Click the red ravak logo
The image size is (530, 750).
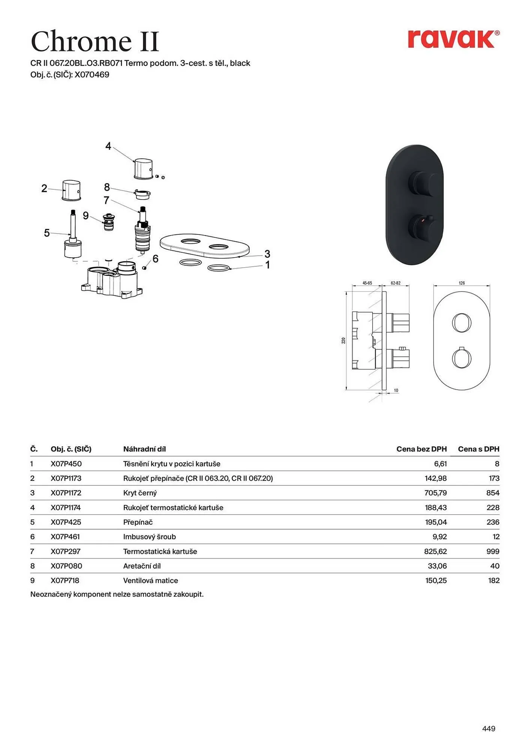(x=453, y=39)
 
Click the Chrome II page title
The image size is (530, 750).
(x=95, y=41)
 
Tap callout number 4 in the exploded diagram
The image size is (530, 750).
(x=108, y=146)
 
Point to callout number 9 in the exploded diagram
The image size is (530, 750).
(x=86, y=216)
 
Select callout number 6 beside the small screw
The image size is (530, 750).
(x=156, y=259)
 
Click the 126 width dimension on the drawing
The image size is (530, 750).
(x=462, y=283)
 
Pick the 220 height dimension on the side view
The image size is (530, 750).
(x=343, y=340)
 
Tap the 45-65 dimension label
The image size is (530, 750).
(x=367, y=283)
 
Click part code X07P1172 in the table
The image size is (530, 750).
(x=66, y=493)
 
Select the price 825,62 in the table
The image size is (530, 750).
(x=436, y=551)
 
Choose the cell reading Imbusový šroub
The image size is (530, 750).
(x=150, y=537)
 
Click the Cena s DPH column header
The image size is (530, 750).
(x=478, y=449)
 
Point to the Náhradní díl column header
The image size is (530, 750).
(x=144, y=449)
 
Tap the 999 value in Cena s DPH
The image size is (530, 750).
(x=493, y=551)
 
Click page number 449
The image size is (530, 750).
(x=488, y=728)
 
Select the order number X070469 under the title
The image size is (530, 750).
(x=92, y=75)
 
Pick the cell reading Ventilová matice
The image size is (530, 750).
(x=151, y=580)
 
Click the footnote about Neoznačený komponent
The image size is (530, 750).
(x=117, y=594)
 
